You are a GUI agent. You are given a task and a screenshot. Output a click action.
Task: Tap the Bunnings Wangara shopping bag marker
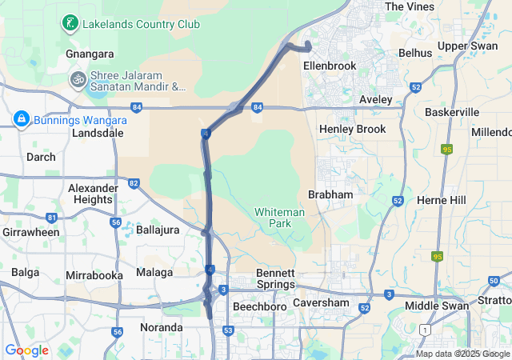point(21,120)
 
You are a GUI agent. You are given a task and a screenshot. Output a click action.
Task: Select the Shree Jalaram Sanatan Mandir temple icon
point(78,80)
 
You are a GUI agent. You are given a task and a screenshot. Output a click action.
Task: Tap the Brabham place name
point(331,194)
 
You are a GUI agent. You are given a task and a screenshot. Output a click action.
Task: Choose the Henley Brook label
point(352,129)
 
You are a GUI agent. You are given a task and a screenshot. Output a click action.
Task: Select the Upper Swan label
point(467,46)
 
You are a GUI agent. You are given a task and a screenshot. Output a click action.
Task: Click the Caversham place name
point(320,303)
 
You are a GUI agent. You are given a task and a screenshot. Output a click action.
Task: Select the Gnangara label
point(89,54)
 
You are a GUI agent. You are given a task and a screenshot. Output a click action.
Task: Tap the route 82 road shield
point(134,184)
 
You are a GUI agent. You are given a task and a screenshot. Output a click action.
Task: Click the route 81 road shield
point(52,218)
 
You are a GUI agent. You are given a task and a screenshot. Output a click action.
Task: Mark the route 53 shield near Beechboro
point(228,330)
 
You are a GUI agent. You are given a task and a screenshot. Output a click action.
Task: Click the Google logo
point(26,350)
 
